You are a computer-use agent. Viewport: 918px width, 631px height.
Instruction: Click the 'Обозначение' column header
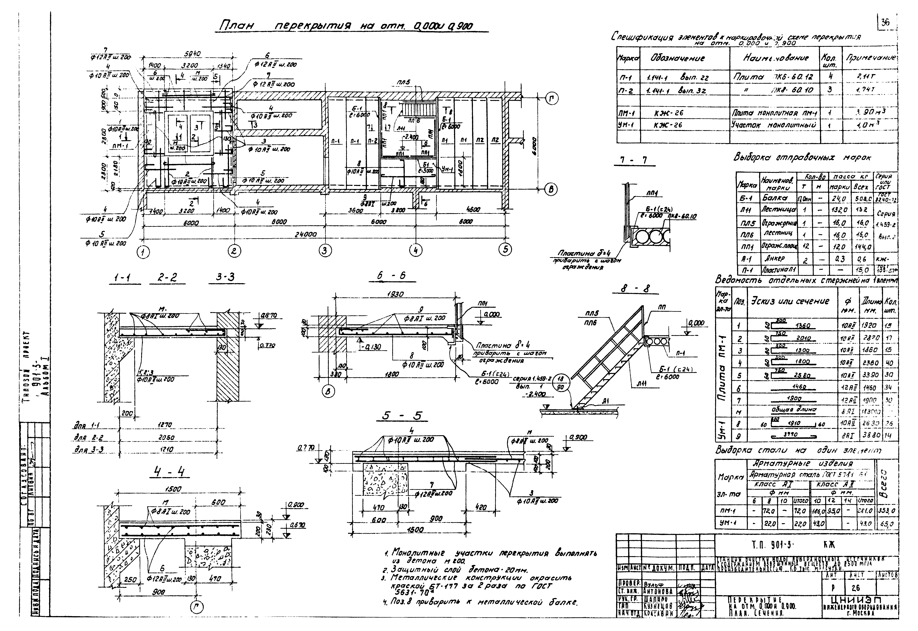tap(677, 58)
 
